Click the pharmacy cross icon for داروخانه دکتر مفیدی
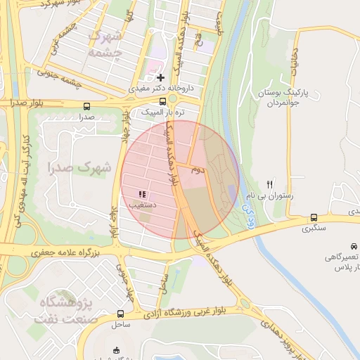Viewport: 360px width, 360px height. (161, 77)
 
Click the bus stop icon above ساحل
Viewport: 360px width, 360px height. (120, 314)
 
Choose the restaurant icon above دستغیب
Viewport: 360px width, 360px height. (142, 193)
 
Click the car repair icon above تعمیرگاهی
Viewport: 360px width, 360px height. (354, 246)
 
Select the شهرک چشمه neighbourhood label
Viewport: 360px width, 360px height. (108, 44)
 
